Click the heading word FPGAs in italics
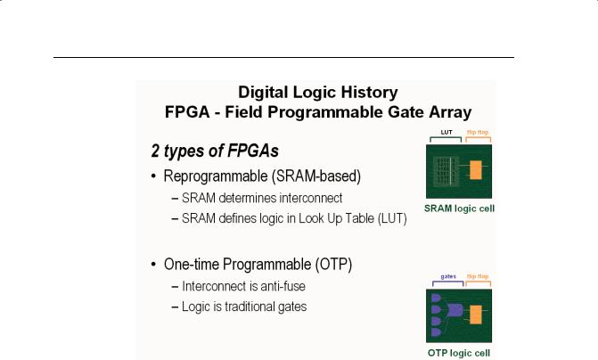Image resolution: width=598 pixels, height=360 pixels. [253, 151]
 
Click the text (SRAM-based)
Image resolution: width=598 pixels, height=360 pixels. [316, 176]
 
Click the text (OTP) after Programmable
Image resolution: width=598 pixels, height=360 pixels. [333, 265]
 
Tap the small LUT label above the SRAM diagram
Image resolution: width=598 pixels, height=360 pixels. [446, 133]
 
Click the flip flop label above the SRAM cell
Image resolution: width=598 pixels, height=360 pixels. [478, 133]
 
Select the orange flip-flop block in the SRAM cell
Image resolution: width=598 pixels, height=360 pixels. [476, 170]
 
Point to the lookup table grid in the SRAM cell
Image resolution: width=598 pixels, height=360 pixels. [445, 172]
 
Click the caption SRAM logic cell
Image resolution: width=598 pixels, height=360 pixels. [459, 209]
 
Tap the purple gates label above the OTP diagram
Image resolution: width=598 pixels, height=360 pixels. [448, 276]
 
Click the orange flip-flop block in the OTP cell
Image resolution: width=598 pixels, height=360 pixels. [476, 315]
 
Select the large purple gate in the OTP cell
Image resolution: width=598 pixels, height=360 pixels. [455, 310]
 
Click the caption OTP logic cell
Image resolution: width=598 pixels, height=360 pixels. [459, 353]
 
